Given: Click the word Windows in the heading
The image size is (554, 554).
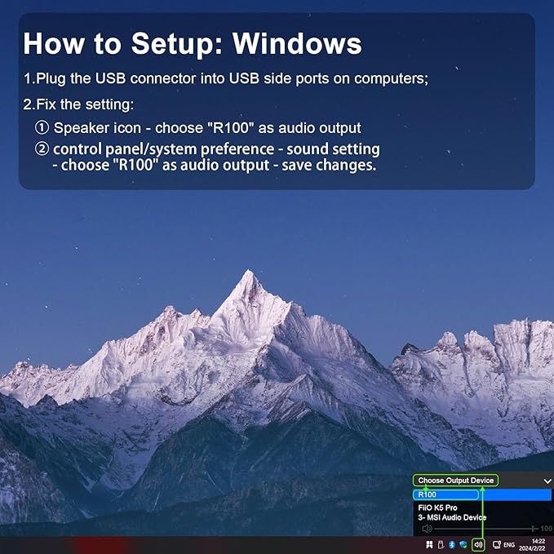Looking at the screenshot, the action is pos(297,43).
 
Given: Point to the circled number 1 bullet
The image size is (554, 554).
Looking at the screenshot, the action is pos(42,127).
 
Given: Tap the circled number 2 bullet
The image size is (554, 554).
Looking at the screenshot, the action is pos(42,149).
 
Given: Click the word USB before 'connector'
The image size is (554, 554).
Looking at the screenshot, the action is pos(111,78).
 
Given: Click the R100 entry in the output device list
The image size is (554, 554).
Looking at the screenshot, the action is pos(427,494).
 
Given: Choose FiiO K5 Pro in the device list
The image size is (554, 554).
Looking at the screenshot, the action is pos(437,507).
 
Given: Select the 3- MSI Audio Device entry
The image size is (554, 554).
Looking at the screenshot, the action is pos(452,517).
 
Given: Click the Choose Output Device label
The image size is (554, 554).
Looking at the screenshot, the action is pos(456,481).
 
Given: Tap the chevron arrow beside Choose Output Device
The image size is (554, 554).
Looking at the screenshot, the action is pos(547,481).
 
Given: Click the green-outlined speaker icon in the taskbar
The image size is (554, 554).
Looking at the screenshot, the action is pos(478,544).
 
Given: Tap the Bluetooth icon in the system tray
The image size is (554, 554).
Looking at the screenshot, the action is pos(451,544).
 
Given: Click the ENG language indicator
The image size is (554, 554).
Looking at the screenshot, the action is pos(509,545).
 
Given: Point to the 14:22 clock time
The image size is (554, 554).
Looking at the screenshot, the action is pos(538,541).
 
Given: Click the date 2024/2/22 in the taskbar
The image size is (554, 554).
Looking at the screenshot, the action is pos(532,548).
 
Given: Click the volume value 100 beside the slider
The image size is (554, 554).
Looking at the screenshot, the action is pos(546,529).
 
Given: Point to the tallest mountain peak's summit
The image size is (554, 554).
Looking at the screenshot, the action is pos(250,271).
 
